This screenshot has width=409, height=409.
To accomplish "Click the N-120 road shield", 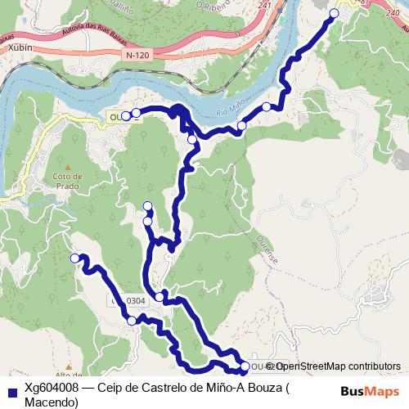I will [x=139, y=54].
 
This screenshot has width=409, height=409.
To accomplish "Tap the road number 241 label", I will [x=263, y=6].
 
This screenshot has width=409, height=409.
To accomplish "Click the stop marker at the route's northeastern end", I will [x=334, y=13].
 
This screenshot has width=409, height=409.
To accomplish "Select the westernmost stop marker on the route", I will [x=75, y=258].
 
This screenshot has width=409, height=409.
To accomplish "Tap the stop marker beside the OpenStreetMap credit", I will [x=245, y=366].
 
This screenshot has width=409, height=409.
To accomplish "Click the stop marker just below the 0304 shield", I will [x=132, y=321].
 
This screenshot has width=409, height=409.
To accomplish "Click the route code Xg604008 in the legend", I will [x=51, y=387].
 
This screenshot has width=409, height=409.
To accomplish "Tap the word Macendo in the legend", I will [x=51, y=402].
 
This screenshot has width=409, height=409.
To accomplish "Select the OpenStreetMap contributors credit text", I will [x=338, y=366].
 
